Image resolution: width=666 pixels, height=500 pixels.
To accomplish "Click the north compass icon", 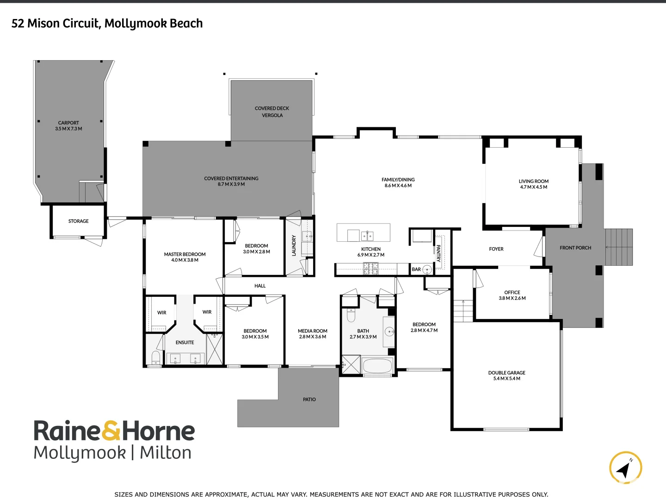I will tap(625, 468).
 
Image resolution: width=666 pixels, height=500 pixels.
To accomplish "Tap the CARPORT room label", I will tap(68, 123).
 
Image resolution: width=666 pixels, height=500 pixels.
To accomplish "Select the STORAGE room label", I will tap(78, 221).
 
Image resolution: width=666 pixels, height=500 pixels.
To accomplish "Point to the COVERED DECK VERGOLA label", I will tap(272, 112).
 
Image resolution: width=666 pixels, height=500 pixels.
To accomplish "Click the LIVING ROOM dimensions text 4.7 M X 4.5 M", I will tap(533, 187).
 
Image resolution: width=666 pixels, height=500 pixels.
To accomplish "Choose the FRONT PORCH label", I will tap(575, 248).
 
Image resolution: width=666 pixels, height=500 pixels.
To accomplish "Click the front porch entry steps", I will tap(618, 247).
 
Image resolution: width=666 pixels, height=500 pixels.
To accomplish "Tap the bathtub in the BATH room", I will tap(377, 366).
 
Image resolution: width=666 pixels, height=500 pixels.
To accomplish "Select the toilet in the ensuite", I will tap(156, 357).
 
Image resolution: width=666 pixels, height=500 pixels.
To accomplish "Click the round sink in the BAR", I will tap(427, 269).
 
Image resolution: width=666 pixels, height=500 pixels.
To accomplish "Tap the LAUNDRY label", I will tap(294, 245).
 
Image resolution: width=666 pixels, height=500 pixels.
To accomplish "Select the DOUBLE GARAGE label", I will tap(506, 373).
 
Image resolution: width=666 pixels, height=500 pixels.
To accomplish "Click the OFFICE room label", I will tap(512, 293).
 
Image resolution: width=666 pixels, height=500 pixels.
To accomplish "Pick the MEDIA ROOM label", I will tap(312, 331).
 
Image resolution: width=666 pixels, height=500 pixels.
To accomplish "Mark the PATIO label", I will tap(309, 400).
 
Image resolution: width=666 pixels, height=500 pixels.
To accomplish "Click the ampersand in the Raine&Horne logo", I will tap(111, 431).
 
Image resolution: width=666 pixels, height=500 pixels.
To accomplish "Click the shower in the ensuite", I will tap(214, 349).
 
